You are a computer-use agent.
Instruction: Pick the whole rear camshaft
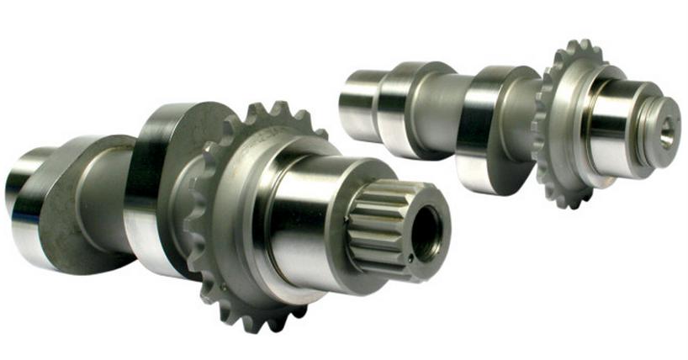pos(505,118)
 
